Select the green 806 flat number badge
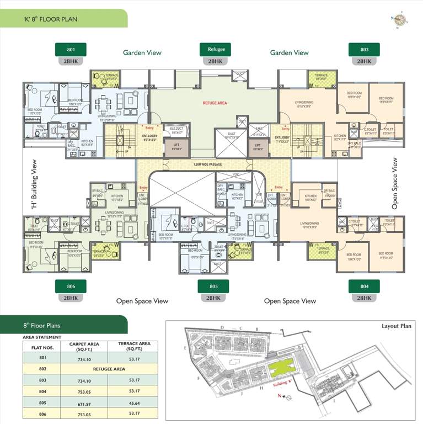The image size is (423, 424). (71, 287)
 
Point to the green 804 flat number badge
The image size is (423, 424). (364, 287)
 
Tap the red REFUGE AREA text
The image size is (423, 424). (215, 103)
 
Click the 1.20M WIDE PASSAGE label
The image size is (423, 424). (208, 165)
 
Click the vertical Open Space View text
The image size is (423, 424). (394, 184)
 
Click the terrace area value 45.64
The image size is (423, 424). (134, 404)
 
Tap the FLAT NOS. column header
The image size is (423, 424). (38, 347)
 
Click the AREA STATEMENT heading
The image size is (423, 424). (42, 336)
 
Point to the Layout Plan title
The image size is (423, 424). (397, 326)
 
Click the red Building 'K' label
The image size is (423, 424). (284, 384)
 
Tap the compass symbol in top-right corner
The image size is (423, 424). (399, 20)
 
